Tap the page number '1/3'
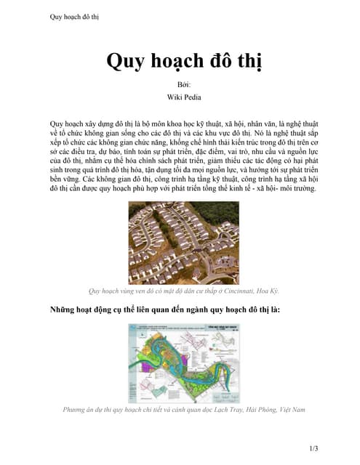point(313,448)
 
